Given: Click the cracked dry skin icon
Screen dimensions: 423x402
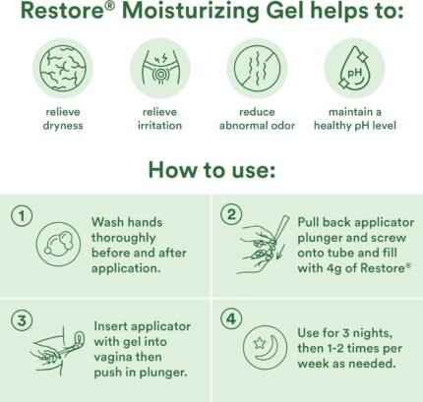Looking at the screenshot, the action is pos(63,69).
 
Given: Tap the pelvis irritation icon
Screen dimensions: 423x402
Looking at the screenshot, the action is pos(160,68).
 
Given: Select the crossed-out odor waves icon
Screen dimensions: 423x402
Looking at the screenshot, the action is pos(257,69).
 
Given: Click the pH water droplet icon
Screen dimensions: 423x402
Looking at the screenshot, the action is pos(354,69).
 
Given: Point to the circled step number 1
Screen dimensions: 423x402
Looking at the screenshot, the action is pos(22,216).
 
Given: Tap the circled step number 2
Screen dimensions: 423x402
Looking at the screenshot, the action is pos(231,215).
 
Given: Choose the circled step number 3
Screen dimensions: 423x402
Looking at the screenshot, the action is pos(22,320).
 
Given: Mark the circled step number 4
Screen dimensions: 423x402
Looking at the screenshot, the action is pos(231,318).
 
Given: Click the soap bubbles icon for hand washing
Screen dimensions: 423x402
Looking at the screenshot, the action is pos(58,244).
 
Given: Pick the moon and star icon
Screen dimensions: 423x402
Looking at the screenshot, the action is pos(265,347).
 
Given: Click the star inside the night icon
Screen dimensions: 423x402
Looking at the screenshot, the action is pos(260,343).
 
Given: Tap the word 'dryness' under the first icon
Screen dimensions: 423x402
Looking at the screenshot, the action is pos(63,126).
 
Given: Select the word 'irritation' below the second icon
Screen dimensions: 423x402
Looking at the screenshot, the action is pos(159,126).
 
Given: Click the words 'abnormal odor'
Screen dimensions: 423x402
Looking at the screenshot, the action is pos(257,126).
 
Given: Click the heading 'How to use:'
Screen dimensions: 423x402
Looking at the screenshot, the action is pos(211,170).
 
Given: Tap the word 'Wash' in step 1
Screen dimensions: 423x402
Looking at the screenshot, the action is pos(107,222).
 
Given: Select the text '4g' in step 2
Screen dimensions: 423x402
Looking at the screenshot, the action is pos(333,268).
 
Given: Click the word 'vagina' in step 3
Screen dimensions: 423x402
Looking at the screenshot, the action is pos(112,358).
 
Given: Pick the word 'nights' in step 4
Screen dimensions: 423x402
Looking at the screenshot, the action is pos(372,333).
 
